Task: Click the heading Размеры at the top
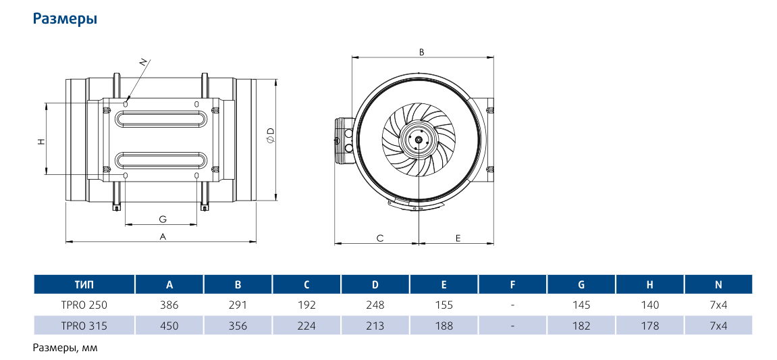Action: [x=65, y=20]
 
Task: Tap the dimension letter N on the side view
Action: [x=144, y=63]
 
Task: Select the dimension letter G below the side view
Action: [x=162, y=219]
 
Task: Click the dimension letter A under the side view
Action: [x=162, y=237]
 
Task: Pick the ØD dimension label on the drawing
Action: [x=271, y=134]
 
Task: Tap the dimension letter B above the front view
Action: [x=422, y=51]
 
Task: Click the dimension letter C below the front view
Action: [x=380, y=238]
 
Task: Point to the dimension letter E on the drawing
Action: [x=458, y=238]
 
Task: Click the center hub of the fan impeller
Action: [x=419, y=140]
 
